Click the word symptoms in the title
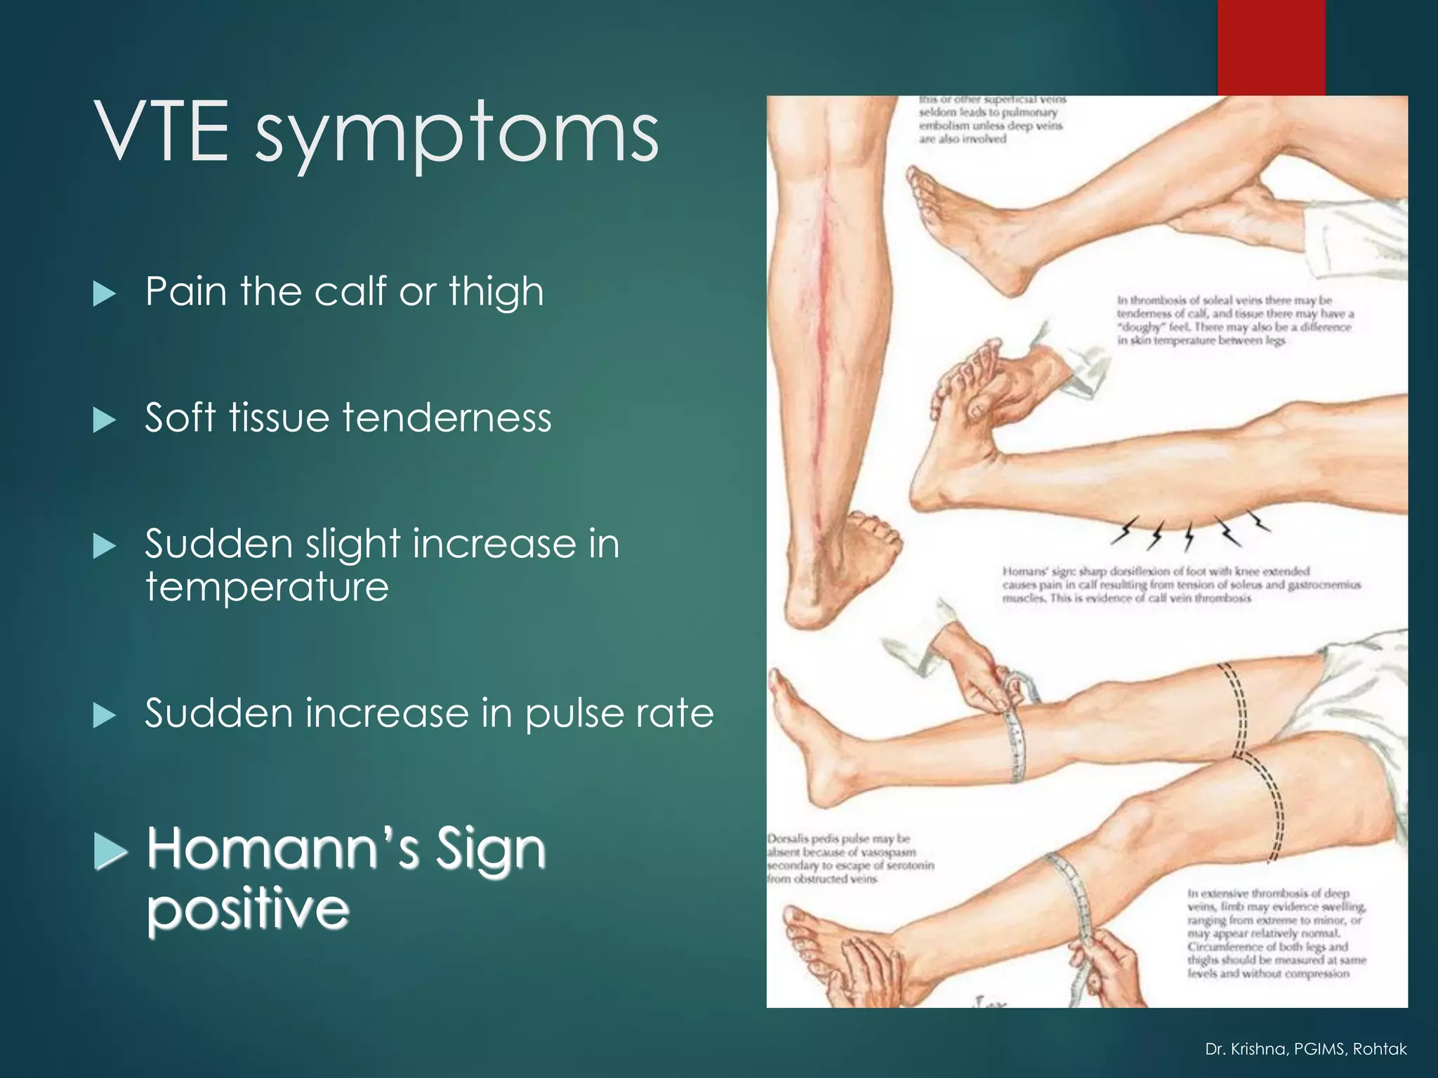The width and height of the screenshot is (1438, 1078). (x=456, y=137)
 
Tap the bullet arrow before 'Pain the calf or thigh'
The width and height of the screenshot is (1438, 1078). (x=104, y=293)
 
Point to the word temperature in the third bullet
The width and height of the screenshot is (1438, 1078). (x=267, y=587)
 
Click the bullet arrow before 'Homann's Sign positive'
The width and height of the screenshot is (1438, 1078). (x=110, y=851)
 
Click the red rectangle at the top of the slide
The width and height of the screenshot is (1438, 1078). (x=1271, y=47)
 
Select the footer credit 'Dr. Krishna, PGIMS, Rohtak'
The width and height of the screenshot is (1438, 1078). (x=1305, y=1049)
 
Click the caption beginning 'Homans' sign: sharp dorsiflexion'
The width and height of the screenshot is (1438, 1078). (x=1180, y=585)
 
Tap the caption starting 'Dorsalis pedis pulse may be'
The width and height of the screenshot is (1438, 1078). (x=850, y=858)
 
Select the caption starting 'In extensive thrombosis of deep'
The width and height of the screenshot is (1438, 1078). (x=1275, y=933)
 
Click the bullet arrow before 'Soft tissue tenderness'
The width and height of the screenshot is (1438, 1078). (x=104, y=420)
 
